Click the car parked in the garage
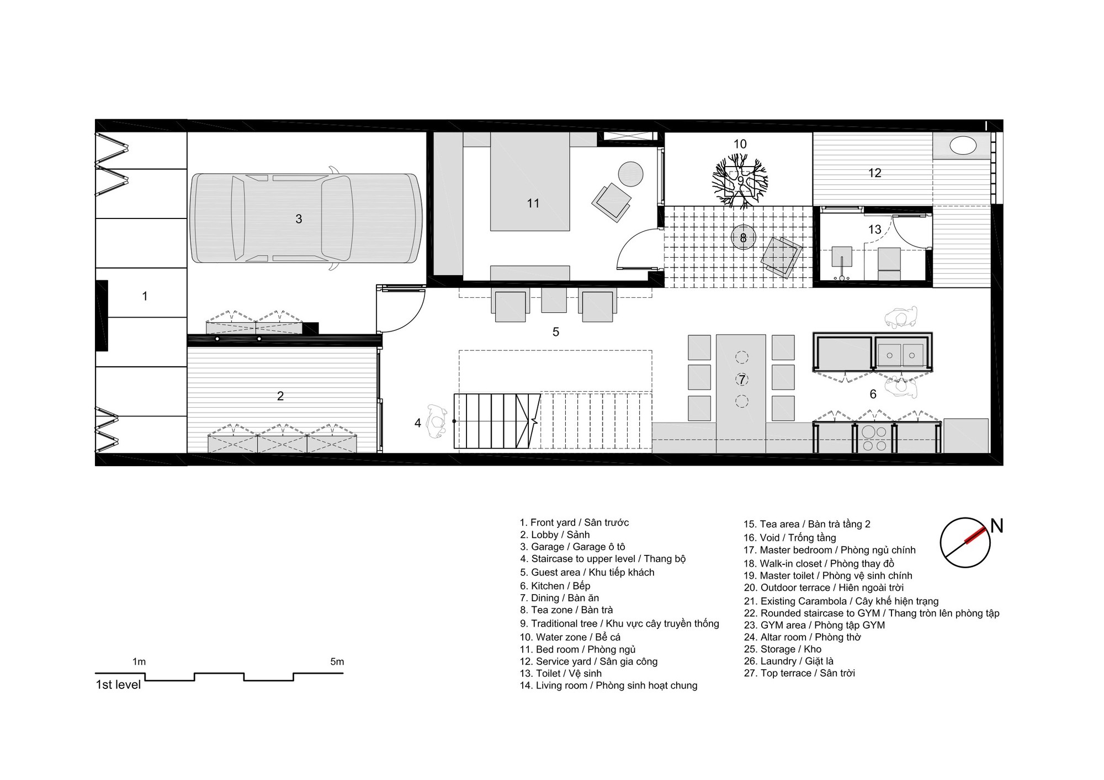coord(306,218)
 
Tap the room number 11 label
coord(533,204)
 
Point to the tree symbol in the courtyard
coord(740,181)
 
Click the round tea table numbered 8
coord(743,238)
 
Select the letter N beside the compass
coord(996,526)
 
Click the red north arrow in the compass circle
coord(973,537)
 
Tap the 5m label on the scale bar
coord(337,661)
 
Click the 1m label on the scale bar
coord(139,661)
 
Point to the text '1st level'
coord(118,685)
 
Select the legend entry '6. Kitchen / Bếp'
coord(555,586)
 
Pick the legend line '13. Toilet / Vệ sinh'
coord(560,674)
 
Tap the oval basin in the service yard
coord(963,146)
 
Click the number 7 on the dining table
coord(742,380)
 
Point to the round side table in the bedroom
coord(630,174)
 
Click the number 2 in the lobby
coord(280,396)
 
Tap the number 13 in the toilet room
coord(874,229)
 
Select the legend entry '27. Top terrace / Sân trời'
coord(799,673)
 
